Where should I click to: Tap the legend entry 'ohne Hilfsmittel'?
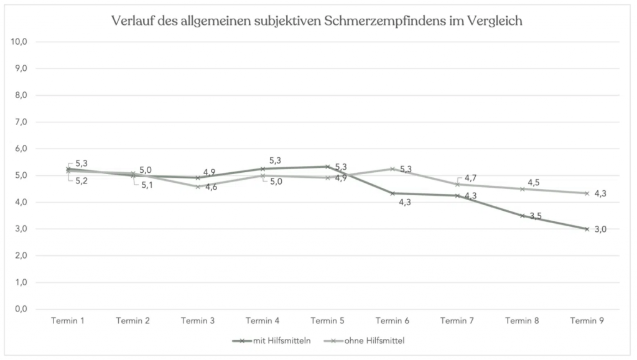click(370, 340)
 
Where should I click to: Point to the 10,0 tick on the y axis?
click(22, 42)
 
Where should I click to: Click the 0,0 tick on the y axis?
click(22, 309)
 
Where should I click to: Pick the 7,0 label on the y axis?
click(22, 122)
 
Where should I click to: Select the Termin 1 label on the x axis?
click(68, 321)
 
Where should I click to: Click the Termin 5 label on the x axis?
click(327, 321)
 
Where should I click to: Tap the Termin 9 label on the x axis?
click(587, 321)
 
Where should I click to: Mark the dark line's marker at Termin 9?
click(587, 229)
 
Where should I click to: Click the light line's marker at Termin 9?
click(587, 193)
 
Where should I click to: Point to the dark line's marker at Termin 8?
click(522, 216)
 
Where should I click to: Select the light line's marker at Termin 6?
click(392, 168)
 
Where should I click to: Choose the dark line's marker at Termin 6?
click(392, 193)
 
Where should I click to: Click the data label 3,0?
click(600, 229)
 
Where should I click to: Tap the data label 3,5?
click(536, 216)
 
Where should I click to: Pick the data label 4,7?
click(470, 178)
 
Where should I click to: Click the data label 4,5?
click(534, 182)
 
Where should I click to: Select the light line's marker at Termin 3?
click(198, 187)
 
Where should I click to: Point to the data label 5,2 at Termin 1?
click(81, 181)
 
